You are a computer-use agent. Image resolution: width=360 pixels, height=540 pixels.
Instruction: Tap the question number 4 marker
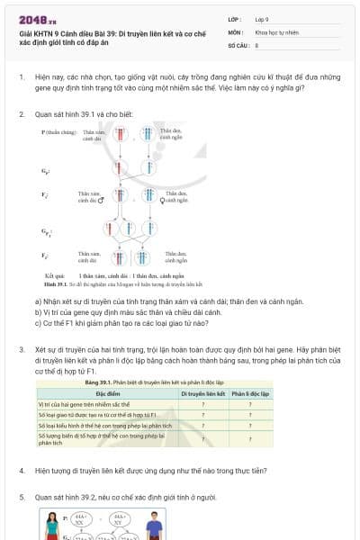pos(22,471)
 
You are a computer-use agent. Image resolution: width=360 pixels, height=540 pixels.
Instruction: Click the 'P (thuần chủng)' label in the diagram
pos(57,131)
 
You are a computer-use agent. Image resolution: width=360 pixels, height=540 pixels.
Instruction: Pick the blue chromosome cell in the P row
pos(147,136)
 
